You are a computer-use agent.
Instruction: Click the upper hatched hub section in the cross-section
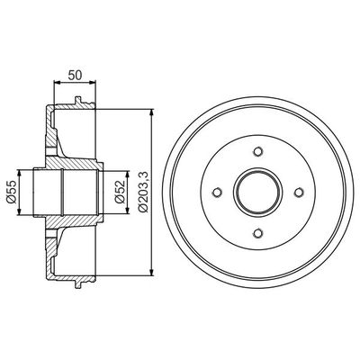(x=72, y=153)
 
